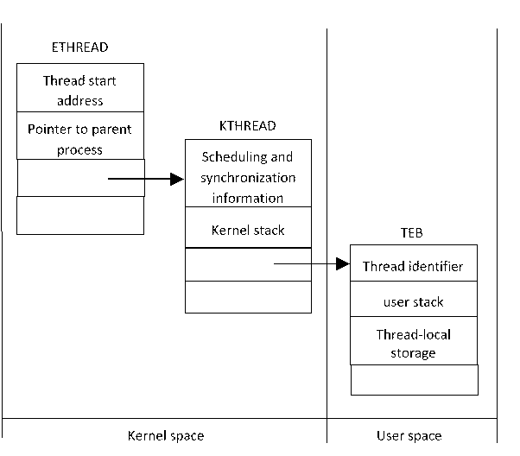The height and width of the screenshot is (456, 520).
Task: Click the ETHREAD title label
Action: click(x=80, y=47)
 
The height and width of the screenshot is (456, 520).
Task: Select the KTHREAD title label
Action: click(x=248, y=126)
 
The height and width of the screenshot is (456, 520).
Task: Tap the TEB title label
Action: click(x=413, y=233)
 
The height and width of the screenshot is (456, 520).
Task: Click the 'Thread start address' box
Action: click(x=80, y=91)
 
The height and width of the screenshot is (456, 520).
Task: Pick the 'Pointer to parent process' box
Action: click(x=80, y=139)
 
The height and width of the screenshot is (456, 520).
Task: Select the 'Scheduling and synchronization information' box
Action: click(x=248, y=177)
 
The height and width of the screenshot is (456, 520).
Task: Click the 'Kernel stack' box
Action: click(x=248, y=231)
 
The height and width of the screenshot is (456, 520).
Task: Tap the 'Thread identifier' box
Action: click(x=413, y=266)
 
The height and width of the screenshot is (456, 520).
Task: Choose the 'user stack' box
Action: click(x=413, y=302)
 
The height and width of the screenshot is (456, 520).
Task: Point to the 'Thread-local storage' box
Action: click(x=413, y=343)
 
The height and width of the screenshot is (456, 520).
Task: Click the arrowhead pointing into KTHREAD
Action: click(x=178, y=179)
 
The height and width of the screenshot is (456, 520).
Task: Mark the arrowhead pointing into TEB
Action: click(x=342, y=265)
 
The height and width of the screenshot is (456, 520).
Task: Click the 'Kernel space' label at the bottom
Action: click(x=166, y=436)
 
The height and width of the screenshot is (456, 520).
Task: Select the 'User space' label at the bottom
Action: click(x=409, y=436)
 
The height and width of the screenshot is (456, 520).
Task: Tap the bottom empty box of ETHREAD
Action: click(x=80, y=215)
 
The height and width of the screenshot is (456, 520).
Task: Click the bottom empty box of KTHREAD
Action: click(x=248, y=296)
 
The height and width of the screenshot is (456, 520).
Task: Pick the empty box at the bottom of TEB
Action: click(x=413, y=379)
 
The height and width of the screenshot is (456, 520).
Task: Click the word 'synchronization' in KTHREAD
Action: click(x=248, y=178)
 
